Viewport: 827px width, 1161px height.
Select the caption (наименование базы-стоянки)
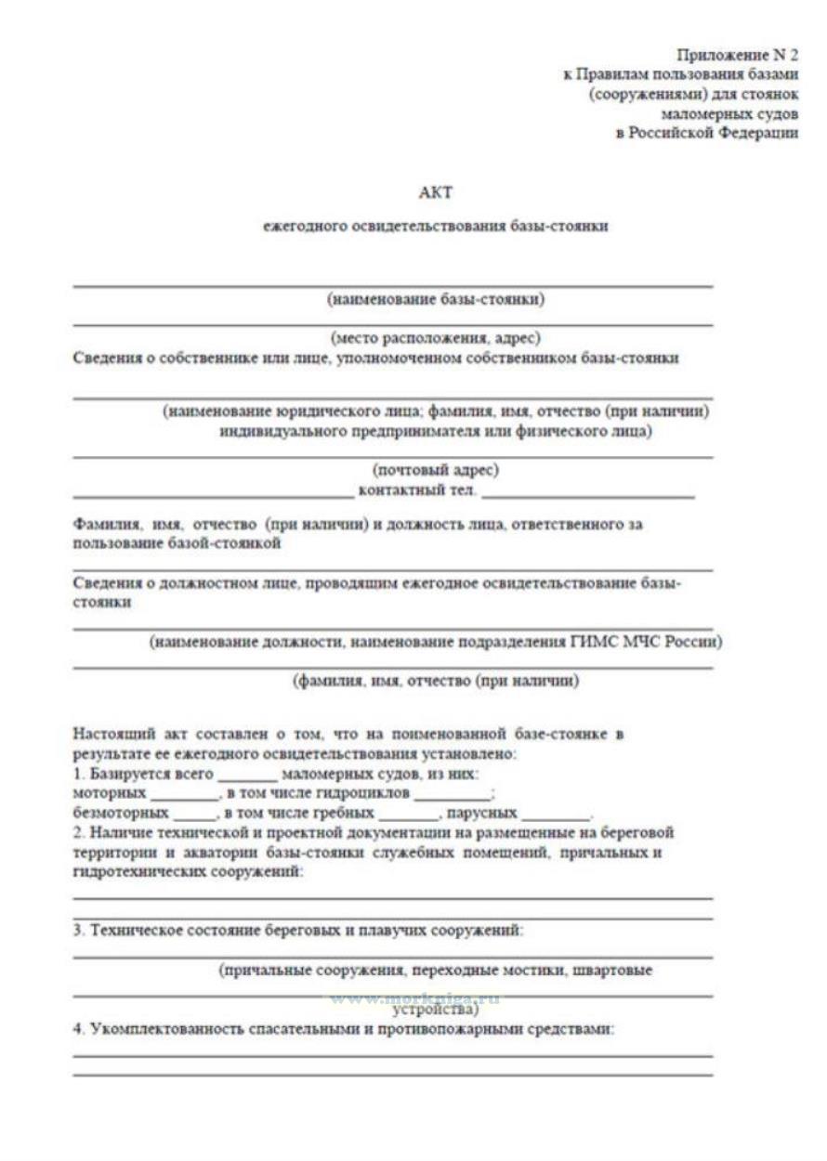click(436, 299)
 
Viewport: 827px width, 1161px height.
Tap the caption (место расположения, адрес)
click(436, 339)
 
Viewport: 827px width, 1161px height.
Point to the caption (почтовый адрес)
click(436, 471)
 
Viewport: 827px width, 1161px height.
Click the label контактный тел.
click(417, 490)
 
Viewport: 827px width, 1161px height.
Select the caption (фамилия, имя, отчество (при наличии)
click(436, 682)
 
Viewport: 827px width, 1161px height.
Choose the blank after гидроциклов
click(453, 795)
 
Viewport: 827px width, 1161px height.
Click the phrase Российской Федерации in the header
click(715, 135)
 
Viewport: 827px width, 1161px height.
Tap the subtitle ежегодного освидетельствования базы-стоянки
click(436, 226)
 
